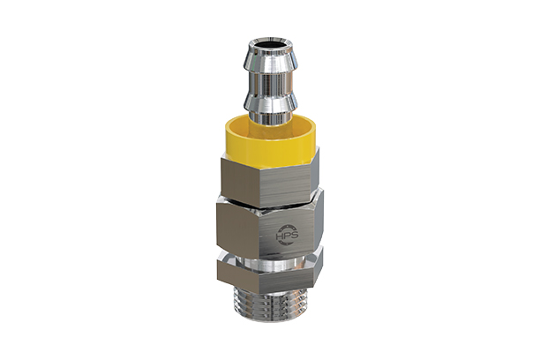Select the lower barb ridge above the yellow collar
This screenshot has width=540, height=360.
(x=270, y=104)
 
